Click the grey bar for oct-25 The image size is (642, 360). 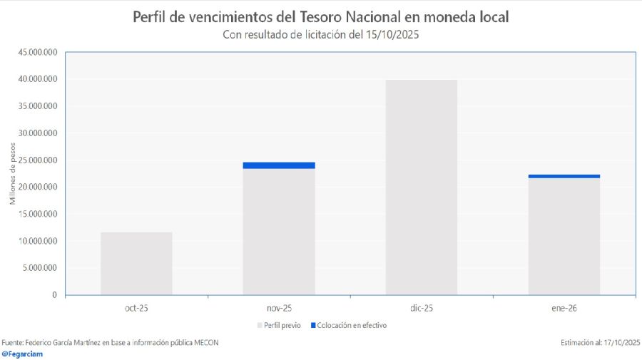[x=136, y=263]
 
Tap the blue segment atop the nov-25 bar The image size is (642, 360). [x=279, y=165]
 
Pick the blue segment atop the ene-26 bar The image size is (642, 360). [x=564, y=176]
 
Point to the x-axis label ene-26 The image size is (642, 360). [x=564, y=308]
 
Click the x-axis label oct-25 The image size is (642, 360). [x=136, y=308]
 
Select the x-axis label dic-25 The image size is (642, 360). [x=421, y=308]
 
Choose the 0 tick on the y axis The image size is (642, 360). [x=54, y=294]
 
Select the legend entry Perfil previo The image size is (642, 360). [x=282, y=325]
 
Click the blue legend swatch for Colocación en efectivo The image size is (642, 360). [x=313, y=326]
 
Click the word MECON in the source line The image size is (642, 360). [x=205, y=342]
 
